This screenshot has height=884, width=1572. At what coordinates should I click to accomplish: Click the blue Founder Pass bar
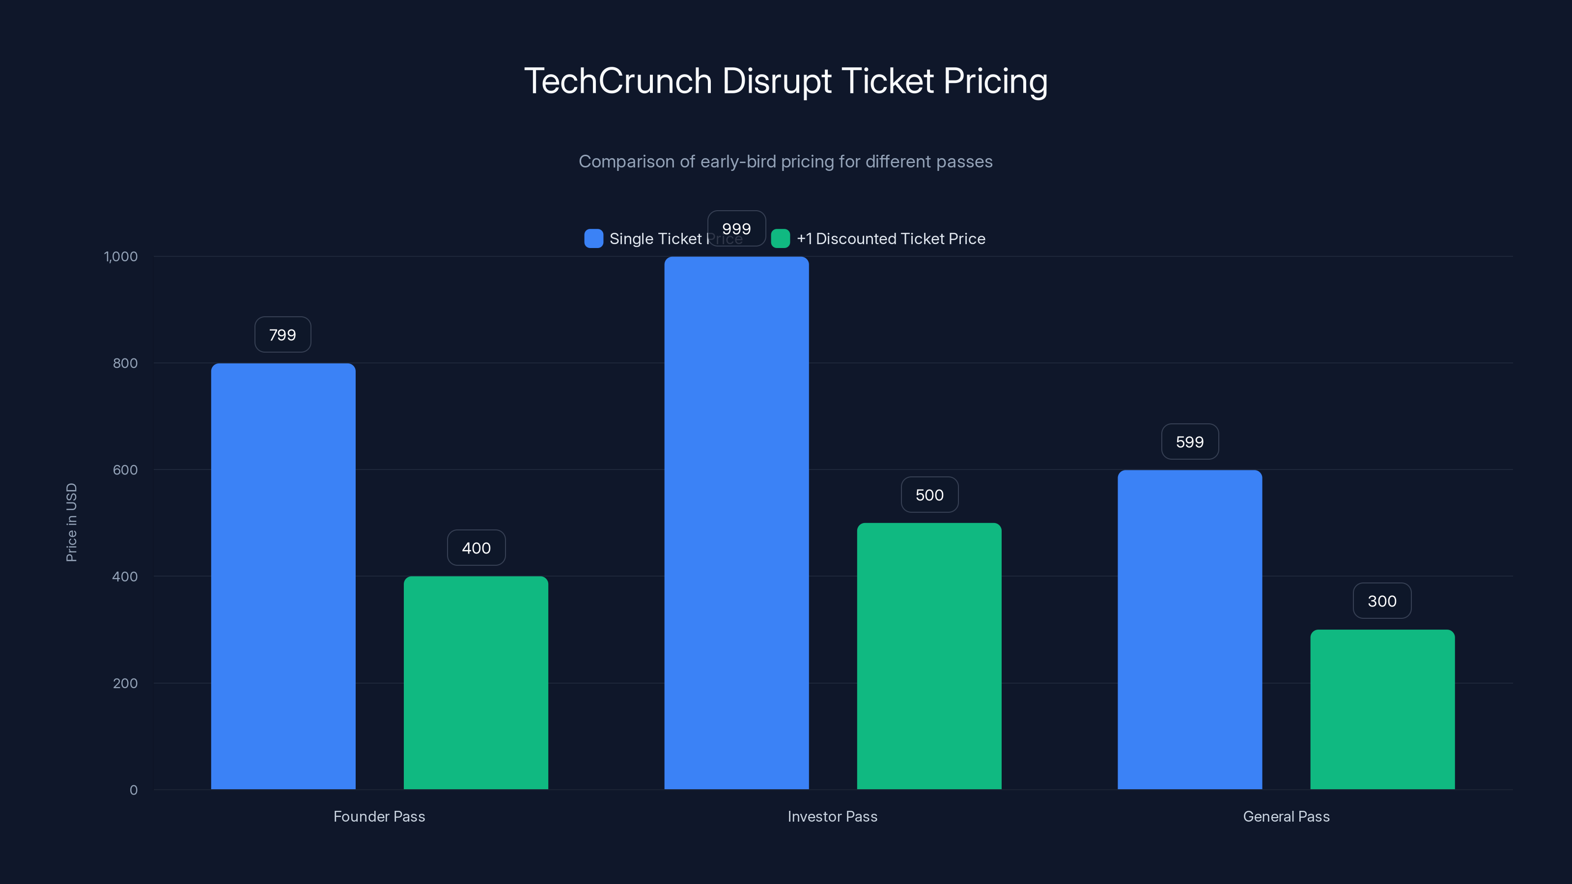[x=283, y=576]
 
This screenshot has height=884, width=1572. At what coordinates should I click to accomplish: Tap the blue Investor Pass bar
[x=736, y=523]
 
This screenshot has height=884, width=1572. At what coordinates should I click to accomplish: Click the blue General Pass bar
[x=1189, y=629]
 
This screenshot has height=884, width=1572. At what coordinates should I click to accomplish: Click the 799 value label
[x=282, y=334]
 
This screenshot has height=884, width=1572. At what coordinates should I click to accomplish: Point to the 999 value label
[x=736, y=228]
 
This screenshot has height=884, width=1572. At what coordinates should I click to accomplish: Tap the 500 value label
[x=929, y=495]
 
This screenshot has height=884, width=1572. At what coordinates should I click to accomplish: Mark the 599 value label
[x=1189, y=442]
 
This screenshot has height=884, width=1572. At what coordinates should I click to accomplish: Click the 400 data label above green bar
[x=476, y=548]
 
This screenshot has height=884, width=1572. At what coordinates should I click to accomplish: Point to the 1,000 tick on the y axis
[x=121, y=256]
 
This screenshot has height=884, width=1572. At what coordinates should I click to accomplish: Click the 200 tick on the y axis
[x=125, y=683]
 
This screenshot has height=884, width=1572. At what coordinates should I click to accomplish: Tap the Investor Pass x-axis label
[x=832, y=816]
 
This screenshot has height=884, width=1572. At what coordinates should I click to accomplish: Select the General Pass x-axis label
[x=1286, y=816]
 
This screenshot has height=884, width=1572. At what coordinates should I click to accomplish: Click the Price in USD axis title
[x=71, y=522]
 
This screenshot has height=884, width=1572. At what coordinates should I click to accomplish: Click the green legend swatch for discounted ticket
[x=781, y=239]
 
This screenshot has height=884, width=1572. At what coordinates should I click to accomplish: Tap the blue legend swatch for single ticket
[x=593, y=239]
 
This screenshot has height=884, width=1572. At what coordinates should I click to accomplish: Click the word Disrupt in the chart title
[x=776, y=81]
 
